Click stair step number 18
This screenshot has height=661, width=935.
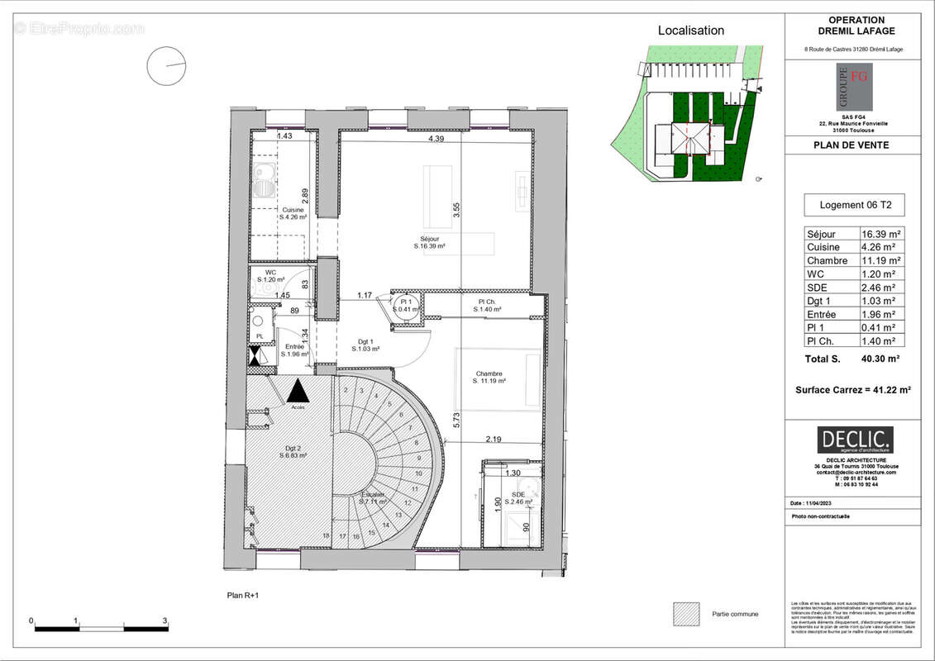[x=326, y=536]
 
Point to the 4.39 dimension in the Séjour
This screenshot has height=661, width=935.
[x=436, y=139]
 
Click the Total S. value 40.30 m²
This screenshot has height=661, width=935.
[x=880, y=359]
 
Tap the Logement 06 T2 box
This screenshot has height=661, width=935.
[x=855, y=205]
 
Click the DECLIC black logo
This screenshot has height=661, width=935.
[x=855, y=440]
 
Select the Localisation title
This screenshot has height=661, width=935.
[x=690, y=31]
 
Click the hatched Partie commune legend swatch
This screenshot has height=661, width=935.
[x=687, y=613]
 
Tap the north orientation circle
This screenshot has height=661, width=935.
[x=166, y=65]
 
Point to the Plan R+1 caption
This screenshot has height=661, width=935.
[x=243, y=595]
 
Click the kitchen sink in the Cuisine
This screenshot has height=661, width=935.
[x=265, y=179]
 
